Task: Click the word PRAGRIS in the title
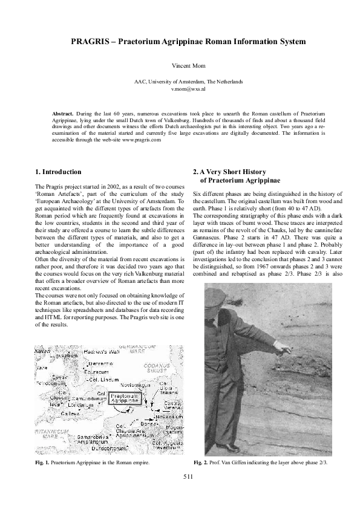point(93,41)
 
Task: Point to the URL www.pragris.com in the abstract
point(140,140)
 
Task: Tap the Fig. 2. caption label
point(201,462)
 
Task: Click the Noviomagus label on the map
point(135,384)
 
